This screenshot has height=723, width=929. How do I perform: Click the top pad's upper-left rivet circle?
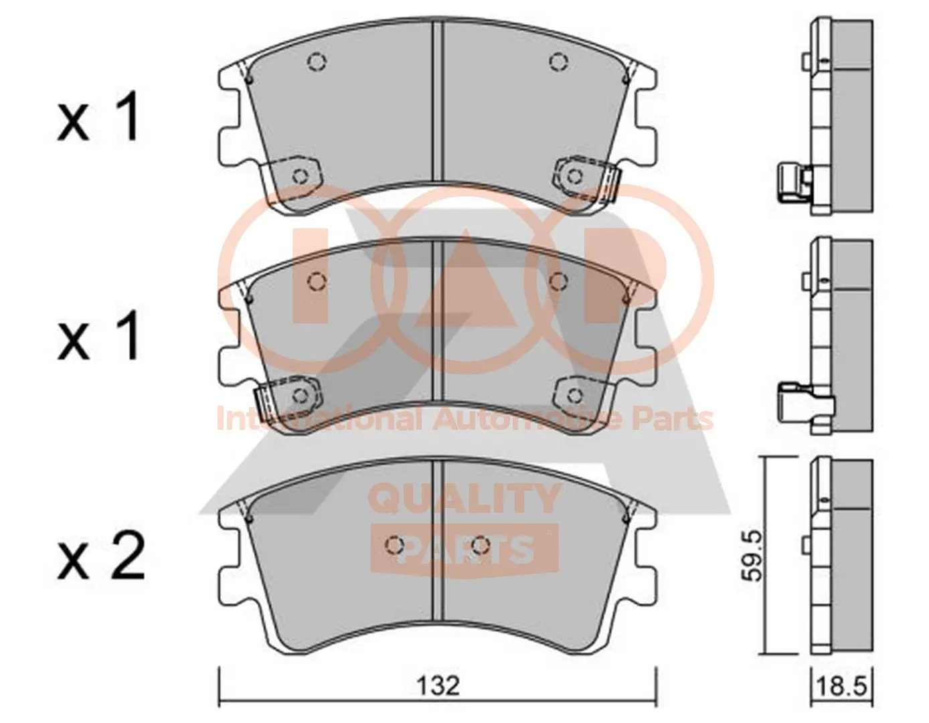click(317, 62)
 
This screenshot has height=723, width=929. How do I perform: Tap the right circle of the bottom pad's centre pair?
click(479, 546)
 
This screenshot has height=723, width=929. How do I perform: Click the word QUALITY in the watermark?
click(464, 499)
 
